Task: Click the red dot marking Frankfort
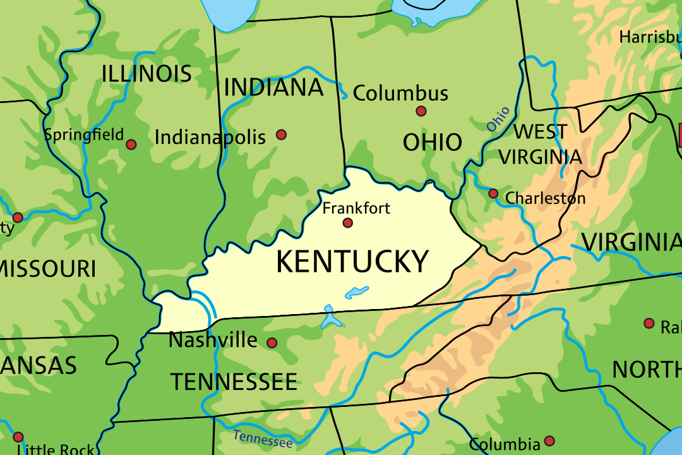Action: pos(347,223)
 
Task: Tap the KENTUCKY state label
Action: pos(352,262)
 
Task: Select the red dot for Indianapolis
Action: pos(281,135)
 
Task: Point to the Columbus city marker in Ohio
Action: pos(421,111)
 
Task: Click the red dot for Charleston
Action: pos(493,193)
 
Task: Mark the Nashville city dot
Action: pos(272,343)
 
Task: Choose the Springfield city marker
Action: pos(131,145)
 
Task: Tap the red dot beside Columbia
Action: pos(549,440)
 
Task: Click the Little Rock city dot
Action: pos(18,437)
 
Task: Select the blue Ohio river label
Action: pos(498,119)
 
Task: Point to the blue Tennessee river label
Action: pos(263,439)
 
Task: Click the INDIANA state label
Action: pos(273,88)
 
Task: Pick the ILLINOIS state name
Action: pos(147,74)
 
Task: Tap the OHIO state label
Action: pos(433,142)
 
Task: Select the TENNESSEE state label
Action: pos(234,382)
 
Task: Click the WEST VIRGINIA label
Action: pos(540,144)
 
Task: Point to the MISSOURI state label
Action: pos(48,269)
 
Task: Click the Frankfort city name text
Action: pos(356,208)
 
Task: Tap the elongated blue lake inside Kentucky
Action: pos(357,293)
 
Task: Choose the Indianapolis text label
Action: pos(210,137)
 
